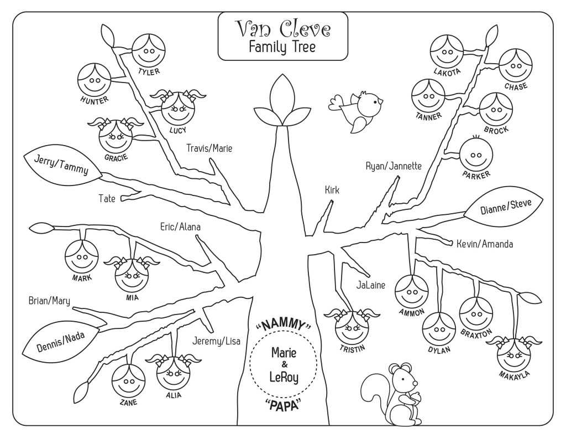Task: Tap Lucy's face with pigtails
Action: pyautogui.click(x=179, y=109)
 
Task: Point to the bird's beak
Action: pyautogui.click(x=381, y=101)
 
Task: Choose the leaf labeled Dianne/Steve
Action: pyautogui.click(x=505, y=206)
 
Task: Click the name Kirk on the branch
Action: pyautogui.click(x=332, y=190)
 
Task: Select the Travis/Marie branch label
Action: pyautogui.click(x=209, y=148)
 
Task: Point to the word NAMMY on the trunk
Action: pyautogui.click(x=286, y=324)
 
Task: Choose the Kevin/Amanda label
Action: pyautogui.click(x=485, y=244)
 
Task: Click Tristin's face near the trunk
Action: pyautogui.click(x=352, y=327)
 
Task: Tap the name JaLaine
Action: pyautogui.click(x=371, y=286)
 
